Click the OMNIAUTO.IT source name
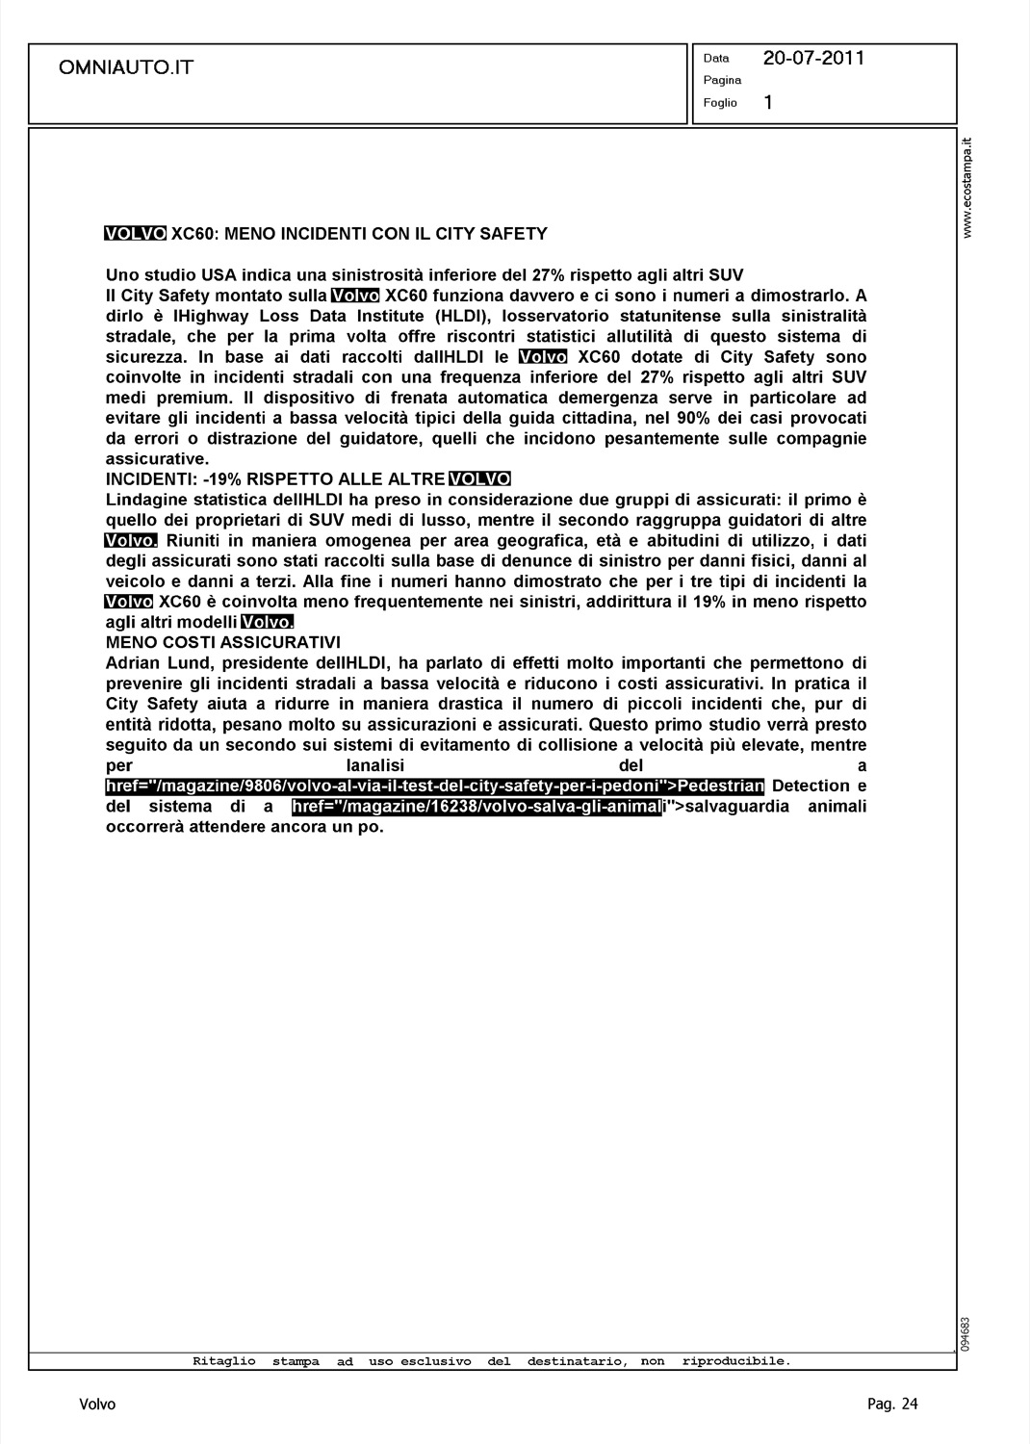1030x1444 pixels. click(126, 67)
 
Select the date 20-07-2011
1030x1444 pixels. click(813, 59)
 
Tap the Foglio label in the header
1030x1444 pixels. click(719, 103)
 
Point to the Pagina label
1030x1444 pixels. click(722, 80)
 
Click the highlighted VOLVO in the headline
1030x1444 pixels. click(135, 233)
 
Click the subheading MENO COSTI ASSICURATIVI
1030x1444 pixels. click(222, 642)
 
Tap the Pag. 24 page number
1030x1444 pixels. click(892, 1405)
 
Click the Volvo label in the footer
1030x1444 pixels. click(97, 1405)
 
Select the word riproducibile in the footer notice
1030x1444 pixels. click(735, 1361)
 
